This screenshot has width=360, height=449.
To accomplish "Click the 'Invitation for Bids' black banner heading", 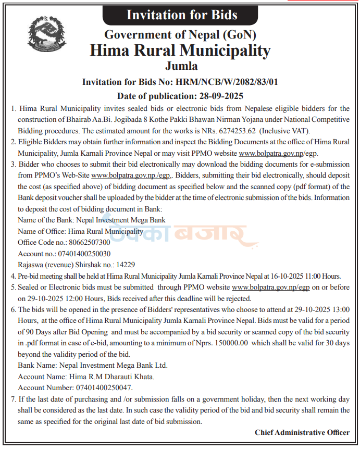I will [x=182, y=14].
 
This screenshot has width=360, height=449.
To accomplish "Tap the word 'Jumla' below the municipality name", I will [x=181, y=66].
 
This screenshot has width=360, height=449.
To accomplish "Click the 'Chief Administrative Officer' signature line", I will [x=302, y=432].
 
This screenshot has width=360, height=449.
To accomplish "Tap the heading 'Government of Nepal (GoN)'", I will [x=181, y=34].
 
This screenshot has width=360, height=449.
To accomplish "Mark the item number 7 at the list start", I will [x=13, y=398].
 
